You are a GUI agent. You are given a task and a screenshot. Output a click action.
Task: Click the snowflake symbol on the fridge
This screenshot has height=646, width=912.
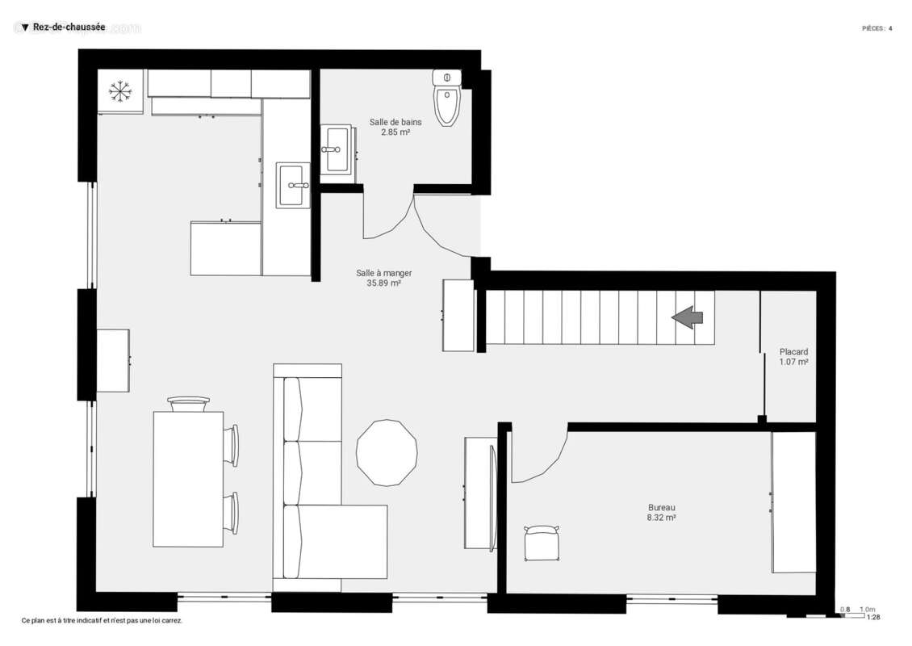pos(120,91)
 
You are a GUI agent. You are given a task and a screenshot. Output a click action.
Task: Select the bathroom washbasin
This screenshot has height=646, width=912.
pos(336,149)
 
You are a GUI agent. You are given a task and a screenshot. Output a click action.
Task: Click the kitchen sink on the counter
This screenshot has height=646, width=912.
pos(292,186)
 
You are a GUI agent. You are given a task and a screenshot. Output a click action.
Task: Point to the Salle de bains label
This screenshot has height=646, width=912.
pos(395,122)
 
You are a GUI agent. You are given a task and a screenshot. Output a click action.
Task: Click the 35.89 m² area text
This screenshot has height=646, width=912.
pos(384,283)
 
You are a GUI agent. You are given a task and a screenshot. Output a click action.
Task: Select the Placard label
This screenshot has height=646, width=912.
pos(793,352)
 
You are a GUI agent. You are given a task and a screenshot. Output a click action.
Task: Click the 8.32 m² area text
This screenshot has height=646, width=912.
pos(661,517)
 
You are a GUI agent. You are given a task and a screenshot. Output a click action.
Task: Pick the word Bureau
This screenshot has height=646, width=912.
pos(661,507)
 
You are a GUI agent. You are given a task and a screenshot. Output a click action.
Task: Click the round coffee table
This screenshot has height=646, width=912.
pos(387,452)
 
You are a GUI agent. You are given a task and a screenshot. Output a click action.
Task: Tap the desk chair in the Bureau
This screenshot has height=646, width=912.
pos(541,543)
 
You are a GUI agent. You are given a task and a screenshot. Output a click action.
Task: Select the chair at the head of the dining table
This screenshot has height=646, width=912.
pos(189,403)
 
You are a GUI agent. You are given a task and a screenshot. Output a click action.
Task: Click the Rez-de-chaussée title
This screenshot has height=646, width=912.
pos(69,27)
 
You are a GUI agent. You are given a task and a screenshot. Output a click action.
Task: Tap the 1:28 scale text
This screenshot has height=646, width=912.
pos(873,618)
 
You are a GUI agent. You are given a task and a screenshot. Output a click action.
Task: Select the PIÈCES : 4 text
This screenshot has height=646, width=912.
pos(876,28)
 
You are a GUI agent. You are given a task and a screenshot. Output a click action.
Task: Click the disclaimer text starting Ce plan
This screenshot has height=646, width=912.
pos(102,621)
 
